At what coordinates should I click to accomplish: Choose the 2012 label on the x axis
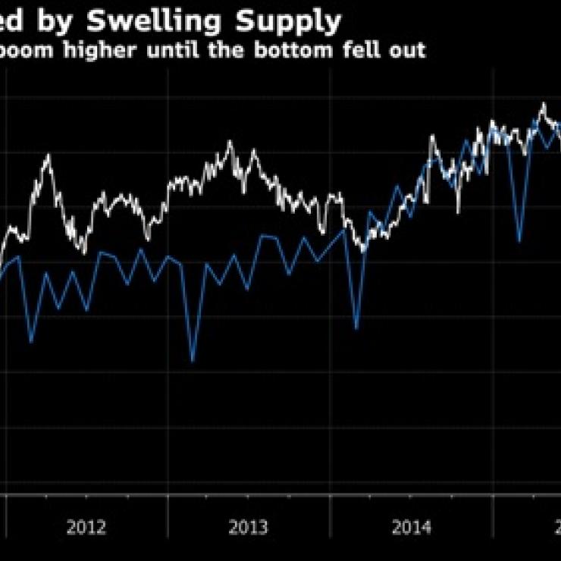pos(86,528)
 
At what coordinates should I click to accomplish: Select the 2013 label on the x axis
pos(249,528)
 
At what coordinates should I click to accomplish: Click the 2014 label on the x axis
pos(412,528)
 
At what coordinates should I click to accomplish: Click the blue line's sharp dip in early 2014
pos(356,328)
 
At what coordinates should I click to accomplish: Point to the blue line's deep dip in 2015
pos(519,241)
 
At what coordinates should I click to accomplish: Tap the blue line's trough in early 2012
pos(31,342)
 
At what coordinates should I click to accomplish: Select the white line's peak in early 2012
pos(49,155)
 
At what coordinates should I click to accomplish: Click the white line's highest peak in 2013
pos(229,142)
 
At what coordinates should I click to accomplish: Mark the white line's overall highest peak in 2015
pos(543,104)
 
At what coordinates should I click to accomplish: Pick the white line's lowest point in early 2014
pos(362,250)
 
